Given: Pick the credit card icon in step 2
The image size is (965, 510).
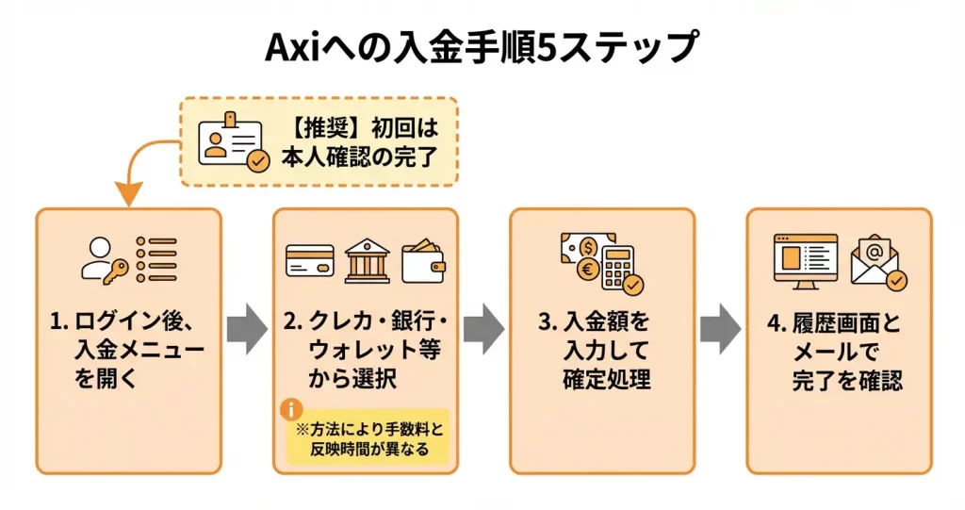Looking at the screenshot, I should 310,260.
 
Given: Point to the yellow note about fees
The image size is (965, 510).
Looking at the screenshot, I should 369,438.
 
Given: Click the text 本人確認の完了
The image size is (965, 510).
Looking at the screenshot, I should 361,156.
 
